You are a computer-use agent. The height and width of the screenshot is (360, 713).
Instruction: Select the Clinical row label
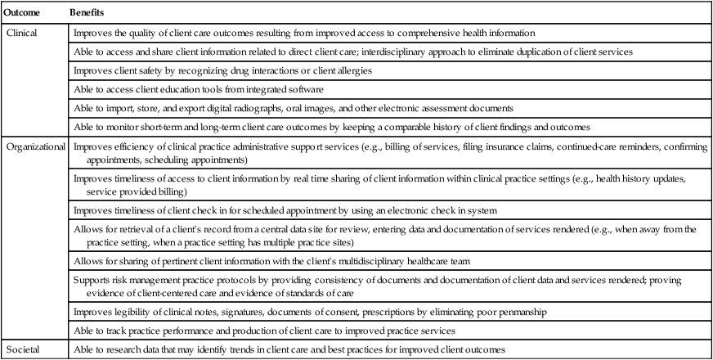click(x=22, y=33)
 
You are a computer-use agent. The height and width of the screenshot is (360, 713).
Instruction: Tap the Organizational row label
click(x=36, y=146)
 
